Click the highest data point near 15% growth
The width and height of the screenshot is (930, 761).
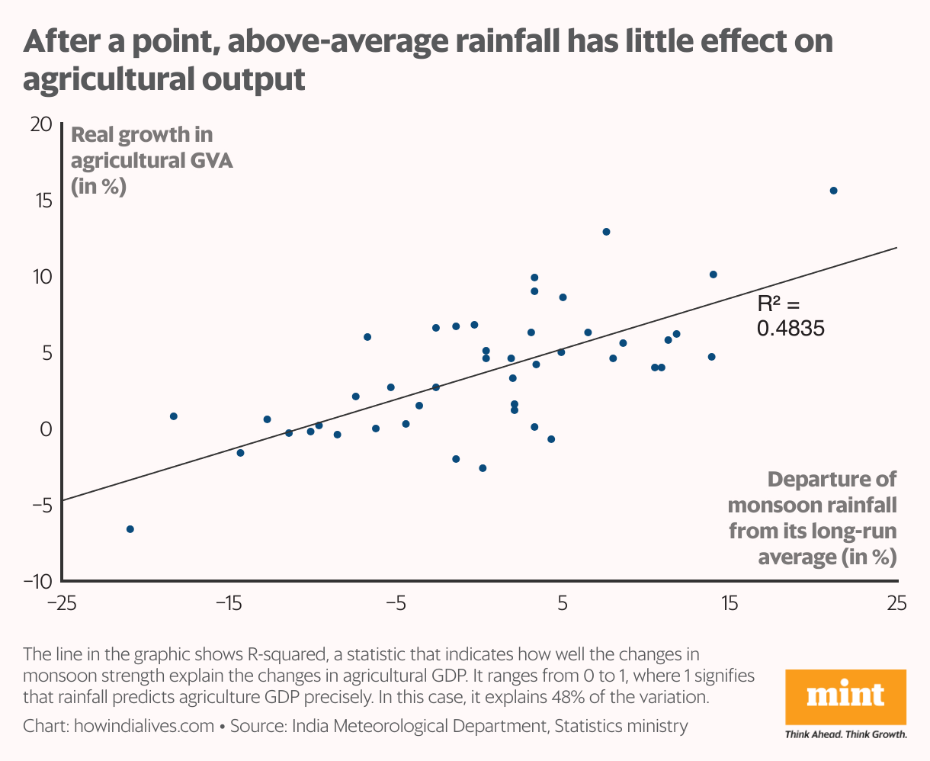point(833,191)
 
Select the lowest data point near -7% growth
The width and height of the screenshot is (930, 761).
point(130,529)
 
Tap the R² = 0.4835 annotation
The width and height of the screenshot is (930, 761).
point(790,316)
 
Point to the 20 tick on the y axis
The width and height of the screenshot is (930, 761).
point(40,124)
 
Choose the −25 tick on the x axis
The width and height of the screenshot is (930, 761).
point(62,604)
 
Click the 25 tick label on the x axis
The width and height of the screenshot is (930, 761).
point(897,604)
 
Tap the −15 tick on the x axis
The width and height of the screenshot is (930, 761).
point(228,604)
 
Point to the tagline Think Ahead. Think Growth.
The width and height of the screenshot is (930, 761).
point(846,735)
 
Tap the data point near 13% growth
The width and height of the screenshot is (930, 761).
point(606,232)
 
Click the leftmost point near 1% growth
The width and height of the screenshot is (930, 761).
point(174,416)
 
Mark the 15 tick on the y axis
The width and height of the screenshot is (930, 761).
point(40,201)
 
